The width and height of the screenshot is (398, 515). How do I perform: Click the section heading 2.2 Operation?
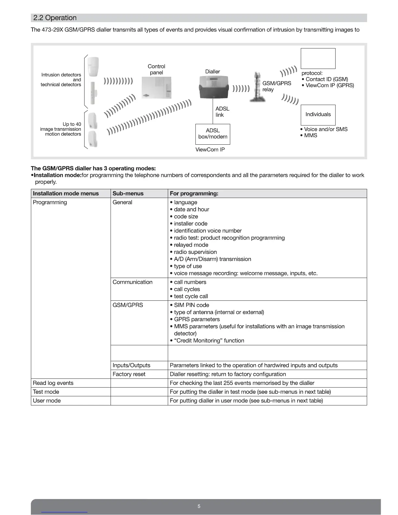pyautogui.click(x=55, y=18)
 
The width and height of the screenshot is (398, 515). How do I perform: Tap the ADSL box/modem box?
pyautogui.click(x=213, y=134)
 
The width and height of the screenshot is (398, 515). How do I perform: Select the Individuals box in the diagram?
pyautogui.click(x=318, y=114)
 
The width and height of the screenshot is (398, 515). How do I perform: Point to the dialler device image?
pyautogui.click(x=213, y=87)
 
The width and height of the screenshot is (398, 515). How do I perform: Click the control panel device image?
pyautogui.click(x=156, y=87)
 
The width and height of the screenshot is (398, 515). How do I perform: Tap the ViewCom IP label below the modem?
pyautogui.click(x=210, y=150)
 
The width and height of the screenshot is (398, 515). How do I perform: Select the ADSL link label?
pyautogui.click(x=222, y=112)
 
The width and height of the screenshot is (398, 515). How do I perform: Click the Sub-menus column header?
pyautogui.click(x=128, y=193)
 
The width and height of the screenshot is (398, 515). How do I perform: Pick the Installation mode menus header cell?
pyautogui.click(x=66, y=193)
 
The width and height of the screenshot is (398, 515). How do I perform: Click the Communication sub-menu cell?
pyautogui.click(x=132, y=282)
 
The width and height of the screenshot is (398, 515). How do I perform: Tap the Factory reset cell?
pyautogui.click(x=129, y=374)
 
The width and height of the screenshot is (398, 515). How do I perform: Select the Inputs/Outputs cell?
pyautogui.click(x=131, y=365)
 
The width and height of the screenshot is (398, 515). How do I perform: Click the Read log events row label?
pyautogui.click(x=53, y=383)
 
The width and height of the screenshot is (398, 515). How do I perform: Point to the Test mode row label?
pyautogui.click(x=46, y=392)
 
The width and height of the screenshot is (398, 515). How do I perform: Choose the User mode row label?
pyautogui.click(x=46, y=401)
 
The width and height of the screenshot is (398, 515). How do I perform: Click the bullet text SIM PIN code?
pyautogui.click(x=191, y=305)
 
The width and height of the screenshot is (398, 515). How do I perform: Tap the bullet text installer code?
pyautogui.click(x=191, y=224)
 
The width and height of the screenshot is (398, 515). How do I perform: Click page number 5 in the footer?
pyautogui.click(x=199, y=506)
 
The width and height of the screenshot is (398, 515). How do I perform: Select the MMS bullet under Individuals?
pyautogui.click(x=311, y=136)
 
